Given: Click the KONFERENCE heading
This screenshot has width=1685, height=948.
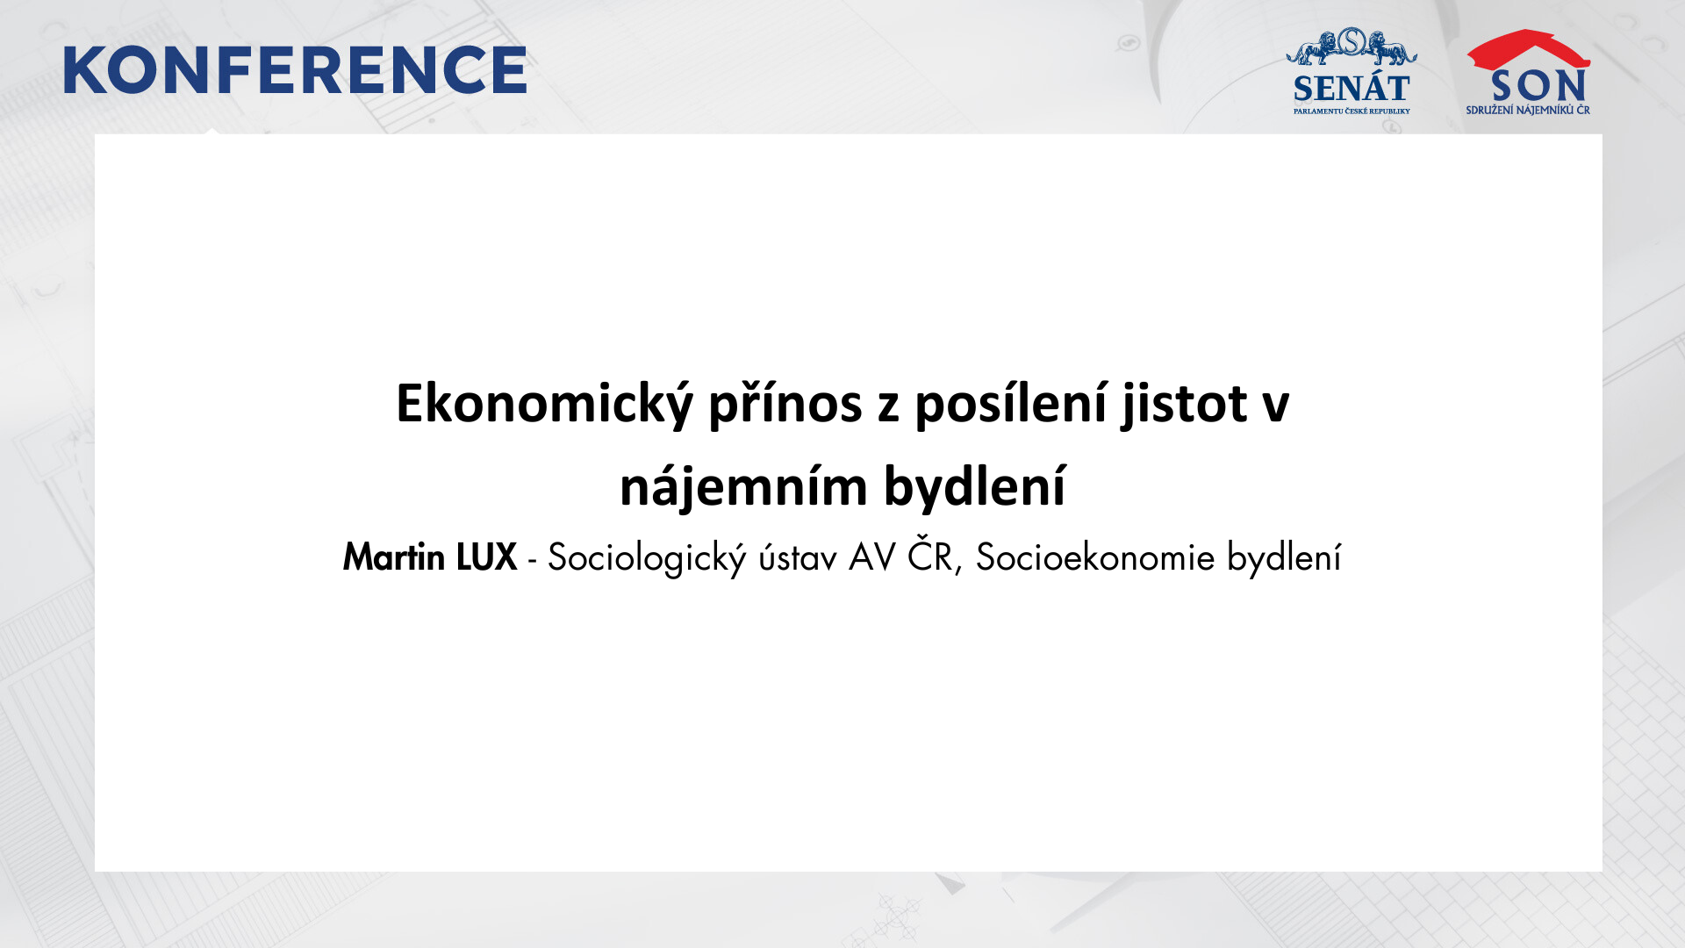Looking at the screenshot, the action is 295,70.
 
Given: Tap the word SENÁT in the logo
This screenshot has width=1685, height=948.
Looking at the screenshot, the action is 1352,89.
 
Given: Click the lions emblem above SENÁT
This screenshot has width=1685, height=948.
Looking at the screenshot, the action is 1352,47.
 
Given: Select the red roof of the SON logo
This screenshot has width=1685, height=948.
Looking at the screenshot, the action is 1529,49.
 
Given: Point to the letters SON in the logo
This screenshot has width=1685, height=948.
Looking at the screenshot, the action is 1538,86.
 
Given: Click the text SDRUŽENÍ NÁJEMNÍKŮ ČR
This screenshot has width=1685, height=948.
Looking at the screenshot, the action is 1528,110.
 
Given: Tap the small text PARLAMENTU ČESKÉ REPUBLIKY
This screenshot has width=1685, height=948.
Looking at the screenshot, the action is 1352,111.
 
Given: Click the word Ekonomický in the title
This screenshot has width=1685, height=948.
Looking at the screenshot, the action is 544,405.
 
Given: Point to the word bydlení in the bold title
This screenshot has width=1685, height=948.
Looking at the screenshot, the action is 975,487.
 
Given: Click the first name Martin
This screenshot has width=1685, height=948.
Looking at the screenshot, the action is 394,557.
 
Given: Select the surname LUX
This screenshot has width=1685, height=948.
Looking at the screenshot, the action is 486,557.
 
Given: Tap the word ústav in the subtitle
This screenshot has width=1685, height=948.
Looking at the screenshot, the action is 798,557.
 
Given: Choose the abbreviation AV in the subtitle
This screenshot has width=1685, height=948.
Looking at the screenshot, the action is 871,558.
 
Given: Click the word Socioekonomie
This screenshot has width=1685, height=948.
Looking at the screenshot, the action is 1095,558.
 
